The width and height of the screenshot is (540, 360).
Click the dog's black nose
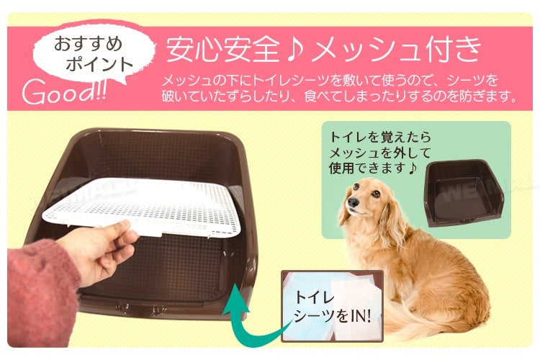point(353,202)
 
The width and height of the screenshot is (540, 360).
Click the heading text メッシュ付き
point(396,50)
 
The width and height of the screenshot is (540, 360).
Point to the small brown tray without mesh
point(465,192)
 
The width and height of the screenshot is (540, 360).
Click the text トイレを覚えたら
point(380,137)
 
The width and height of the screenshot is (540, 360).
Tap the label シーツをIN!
point(333,316)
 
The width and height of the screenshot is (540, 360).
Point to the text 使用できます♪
point(373,168)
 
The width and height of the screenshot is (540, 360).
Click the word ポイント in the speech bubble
point(99,65)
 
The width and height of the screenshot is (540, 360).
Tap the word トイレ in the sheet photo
point(315,297)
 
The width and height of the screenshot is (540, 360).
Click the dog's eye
point(375,193)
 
